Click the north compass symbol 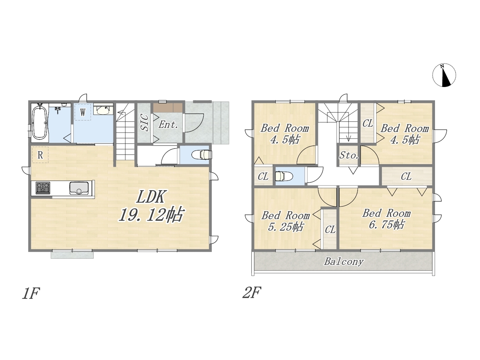(x=444, y=75)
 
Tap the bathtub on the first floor (x=40, y=123)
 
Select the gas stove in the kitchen (x=43, y=188)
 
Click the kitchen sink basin (x=79, y=188)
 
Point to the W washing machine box (x=82, y=112)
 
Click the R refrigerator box (x=40, y=155)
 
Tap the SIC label (x=144, y=123)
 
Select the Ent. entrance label (x=168, y=125)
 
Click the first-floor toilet (x=201, y=155)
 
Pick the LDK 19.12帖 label (x=151, y=206)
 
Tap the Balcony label (x=344, y=261)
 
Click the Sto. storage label (x=349, y=155)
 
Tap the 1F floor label (x=31, y=293)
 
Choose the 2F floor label (x=252, y=292)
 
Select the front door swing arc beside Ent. (x=195, y=123)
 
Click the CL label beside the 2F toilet (x=263, y=177)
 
